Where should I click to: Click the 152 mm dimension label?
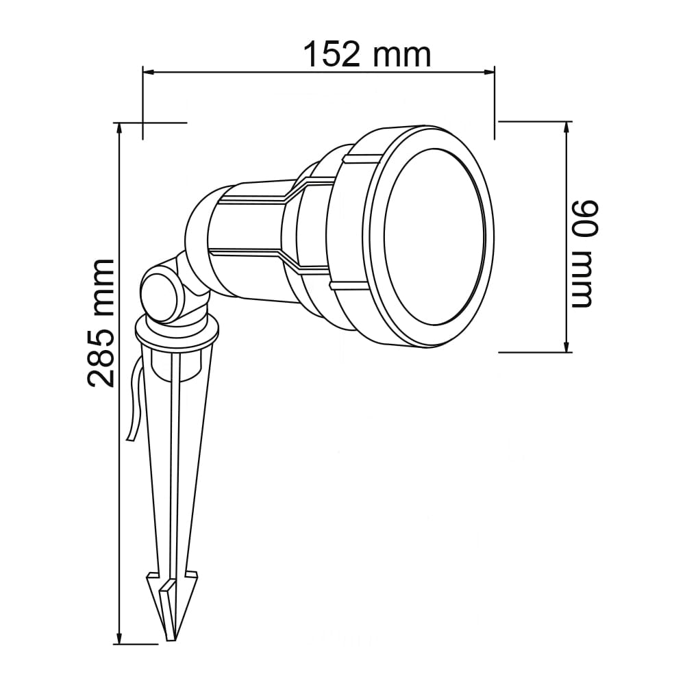click(x=367, y=55)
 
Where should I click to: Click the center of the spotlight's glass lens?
click(x=434, y=237)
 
